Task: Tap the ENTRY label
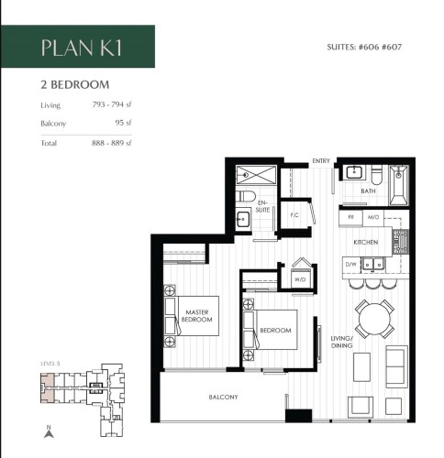(x=320, y=160)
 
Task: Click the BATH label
(x=368, y=191)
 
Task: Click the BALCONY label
(x=224, y=397)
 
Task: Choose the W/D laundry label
(x=300, y=280)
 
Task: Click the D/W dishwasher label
(x=350, y=265)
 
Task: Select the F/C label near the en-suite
(x=294, y=216)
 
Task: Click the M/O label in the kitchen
(x=373, y=217)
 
